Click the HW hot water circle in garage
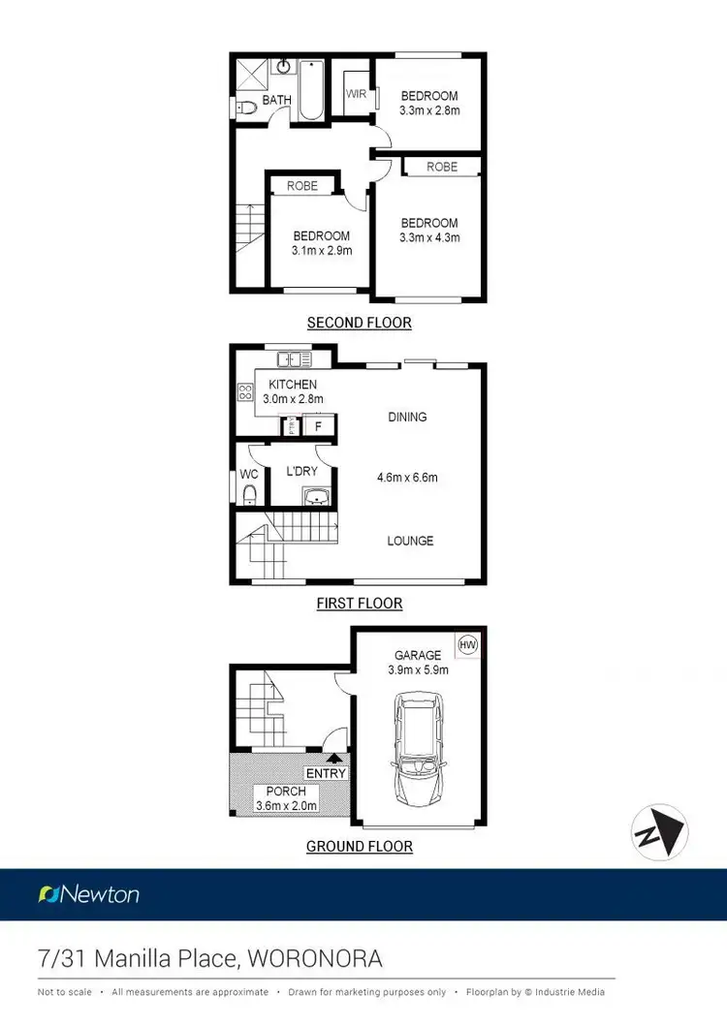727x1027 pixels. coord(467,643)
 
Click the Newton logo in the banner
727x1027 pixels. coord(88,894)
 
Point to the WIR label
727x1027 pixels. coord(356,94)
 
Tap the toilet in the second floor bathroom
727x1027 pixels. coord(245,107)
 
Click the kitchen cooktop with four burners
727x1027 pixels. coord(245,392)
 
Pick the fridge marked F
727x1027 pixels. coord(318,426)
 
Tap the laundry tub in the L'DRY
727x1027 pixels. coord(317,498)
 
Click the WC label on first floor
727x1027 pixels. coord(249,476)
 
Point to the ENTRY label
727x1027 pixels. coord(326,773)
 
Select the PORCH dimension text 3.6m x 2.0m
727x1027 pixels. coord(286,805)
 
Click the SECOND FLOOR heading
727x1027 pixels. coord(359,323)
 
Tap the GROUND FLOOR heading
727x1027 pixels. coord(359,846)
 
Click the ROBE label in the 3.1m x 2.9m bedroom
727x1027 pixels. coord(302,185)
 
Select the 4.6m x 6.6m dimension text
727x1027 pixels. coord(408,478)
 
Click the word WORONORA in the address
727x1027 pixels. coord(315,959)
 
